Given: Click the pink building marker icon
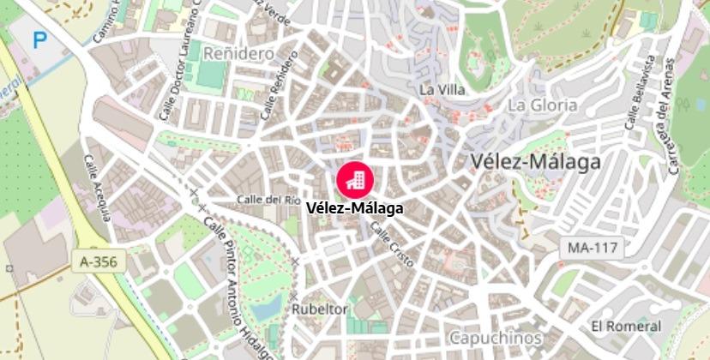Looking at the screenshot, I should tap(353, 177).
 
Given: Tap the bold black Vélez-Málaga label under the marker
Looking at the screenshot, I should tap(353, 207).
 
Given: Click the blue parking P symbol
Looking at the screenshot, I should tap(39, 39).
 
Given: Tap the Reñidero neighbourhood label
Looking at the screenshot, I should tap(238, 53).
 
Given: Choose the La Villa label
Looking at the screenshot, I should tap(442, 89).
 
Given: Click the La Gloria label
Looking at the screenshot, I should tap(542, 105).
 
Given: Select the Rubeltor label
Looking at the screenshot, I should tap(320, 309).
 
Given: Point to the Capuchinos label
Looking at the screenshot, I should tap(495, 337).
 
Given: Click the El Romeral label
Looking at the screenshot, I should tap(626, 326).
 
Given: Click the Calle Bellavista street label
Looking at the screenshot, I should tap(640, 93).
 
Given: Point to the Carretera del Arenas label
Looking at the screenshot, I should tap(673, 116).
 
